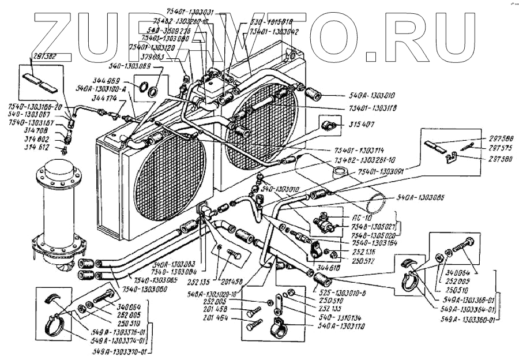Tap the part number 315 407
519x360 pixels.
pyautogui.click(x=361, y=124)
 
